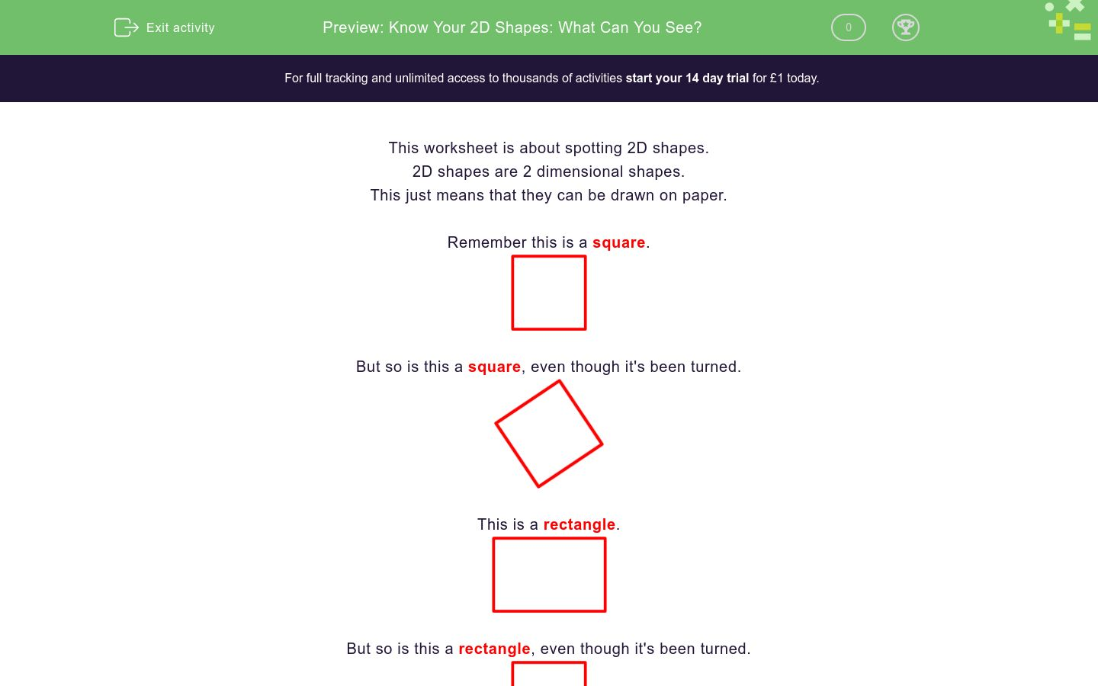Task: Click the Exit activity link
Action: point(180,27)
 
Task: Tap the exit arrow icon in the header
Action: point(126,27)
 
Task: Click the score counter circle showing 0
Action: point(848,27)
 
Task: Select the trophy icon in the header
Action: point(905,27)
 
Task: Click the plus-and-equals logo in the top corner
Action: point(1069,21)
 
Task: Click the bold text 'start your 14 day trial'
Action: point(687,78)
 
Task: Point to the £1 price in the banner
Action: point(776,78)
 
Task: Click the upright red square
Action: point(549,293)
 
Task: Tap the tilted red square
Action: point(549,434)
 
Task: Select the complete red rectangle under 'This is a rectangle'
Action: point(549,575)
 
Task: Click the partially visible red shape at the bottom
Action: point(549,675)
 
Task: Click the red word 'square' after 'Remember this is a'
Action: point(618,242)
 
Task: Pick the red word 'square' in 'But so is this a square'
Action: point(494,367)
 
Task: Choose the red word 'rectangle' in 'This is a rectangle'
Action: point(579,524)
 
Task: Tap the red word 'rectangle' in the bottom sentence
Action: point(494,649)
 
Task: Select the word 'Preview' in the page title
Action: point(352,27)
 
